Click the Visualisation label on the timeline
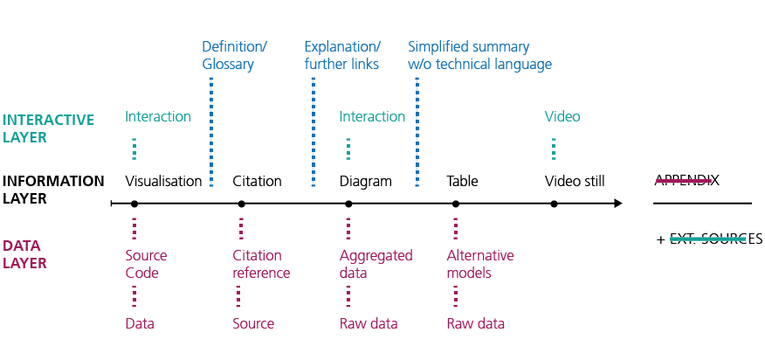tap(164, 182)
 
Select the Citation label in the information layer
tap(257, 182)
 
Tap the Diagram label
tap(365, 182)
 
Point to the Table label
tap(462, 182)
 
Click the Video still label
tap(575, 182)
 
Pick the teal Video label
tap(562, 116)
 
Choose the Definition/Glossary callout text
tap(234, 55)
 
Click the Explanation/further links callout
tap(342, 55)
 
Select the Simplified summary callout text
tap(479, 55)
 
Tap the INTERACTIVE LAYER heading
tap(48, 128)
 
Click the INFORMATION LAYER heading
tap(53, 190)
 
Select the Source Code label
tap(146, 264)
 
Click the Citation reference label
tap(261, 264)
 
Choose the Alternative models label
tap(480, 264)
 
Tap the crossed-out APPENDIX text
tap(687, 180)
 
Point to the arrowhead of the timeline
tap(618, 204)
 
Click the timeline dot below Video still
tap(554, 204)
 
